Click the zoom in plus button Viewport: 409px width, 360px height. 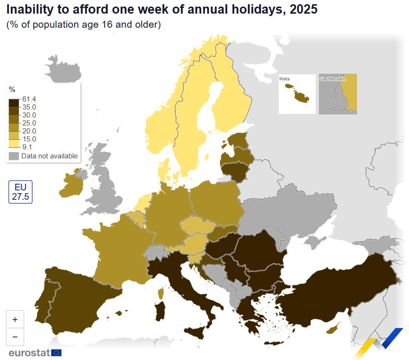[15, 319]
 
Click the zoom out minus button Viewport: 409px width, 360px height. [15, 337]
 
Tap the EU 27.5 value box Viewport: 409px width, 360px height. [20, 192]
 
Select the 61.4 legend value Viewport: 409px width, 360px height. [29, 99]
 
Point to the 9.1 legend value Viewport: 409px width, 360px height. [27, 147]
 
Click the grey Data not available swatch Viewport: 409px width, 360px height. [14, 156]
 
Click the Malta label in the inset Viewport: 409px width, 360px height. [284, 78]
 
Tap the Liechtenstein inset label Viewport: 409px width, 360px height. [332, 78]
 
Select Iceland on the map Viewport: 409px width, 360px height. [63, 70]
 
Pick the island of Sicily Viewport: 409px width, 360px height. [194, 332]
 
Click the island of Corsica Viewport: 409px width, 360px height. [161, 293]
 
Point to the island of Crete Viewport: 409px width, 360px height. [274, 343]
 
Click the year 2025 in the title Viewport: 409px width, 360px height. [303, 9]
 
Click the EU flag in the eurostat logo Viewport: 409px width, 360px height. [56, 352]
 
